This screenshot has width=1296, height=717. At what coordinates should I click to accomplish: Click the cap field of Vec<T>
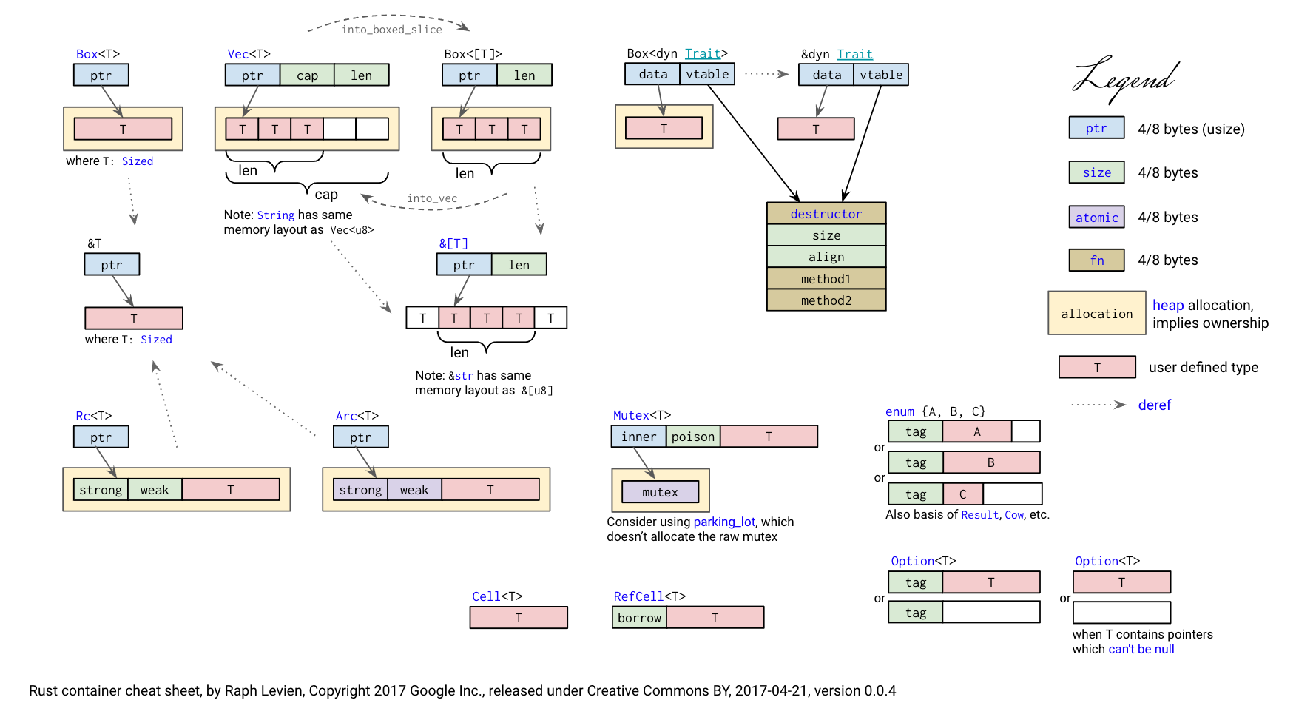point(307,75)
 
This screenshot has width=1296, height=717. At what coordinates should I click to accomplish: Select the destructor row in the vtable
point(826,214)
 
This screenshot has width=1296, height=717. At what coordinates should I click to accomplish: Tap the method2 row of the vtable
point(826,300)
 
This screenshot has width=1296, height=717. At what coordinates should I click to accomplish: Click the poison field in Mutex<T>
point(693,437)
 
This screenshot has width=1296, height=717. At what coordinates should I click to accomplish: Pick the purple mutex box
point(660,492)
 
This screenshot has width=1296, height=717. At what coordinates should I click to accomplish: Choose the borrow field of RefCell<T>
point(639,618)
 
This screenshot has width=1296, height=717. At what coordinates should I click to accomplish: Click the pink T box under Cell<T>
point(519,618)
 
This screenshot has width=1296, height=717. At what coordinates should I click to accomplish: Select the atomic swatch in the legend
point(1096,218)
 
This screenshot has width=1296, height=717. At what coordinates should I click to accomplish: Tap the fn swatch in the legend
point(1096,260)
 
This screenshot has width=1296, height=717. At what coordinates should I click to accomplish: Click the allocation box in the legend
point(1096,314)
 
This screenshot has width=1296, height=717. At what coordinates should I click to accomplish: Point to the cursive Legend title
point(1124,78)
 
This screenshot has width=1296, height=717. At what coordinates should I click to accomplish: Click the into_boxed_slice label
point(391,30)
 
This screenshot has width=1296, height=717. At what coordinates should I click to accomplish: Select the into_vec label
point(432,198)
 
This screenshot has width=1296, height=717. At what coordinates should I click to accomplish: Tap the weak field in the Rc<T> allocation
point(155,490)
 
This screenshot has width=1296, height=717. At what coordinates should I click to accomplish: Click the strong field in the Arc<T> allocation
point(360,490)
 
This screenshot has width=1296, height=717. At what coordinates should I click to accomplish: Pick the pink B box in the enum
point(991,462)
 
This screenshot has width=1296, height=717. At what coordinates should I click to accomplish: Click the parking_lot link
point(724,522)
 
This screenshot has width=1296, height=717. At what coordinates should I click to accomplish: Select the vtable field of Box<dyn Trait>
point(707,74)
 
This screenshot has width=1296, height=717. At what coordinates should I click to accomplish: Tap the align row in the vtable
point(826,257)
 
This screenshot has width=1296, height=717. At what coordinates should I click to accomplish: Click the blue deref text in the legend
point(1154,405)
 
